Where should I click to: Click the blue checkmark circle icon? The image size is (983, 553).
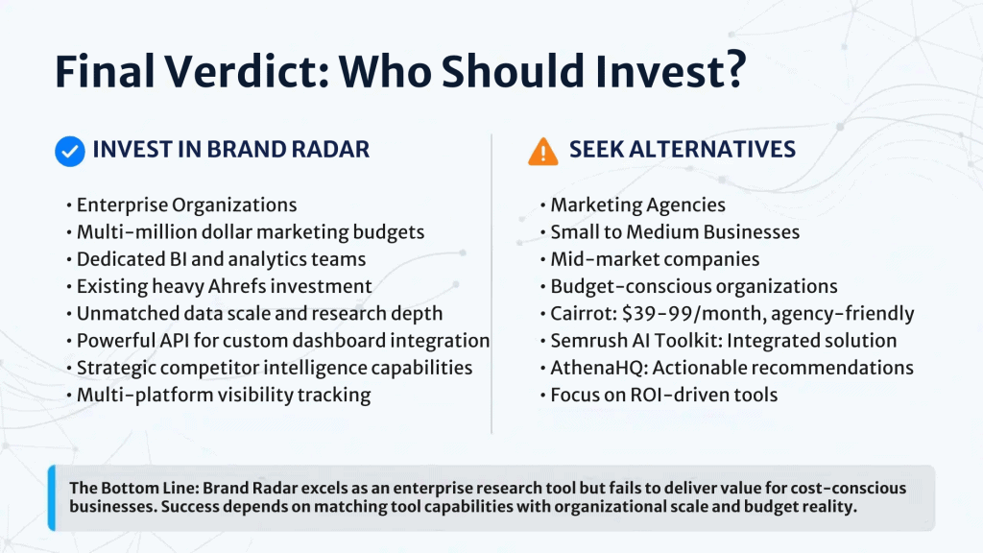point(69,151)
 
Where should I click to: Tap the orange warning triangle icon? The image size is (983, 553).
point(543,151)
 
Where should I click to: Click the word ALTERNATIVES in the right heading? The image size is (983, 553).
point(712,149)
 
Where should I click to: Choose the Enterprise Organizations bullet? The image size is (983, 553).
point(181,205)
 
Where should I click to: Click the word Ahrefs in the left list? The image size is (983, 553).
point(236,286)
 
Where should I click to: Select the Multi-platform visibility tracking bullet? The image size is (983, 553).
point(219,395)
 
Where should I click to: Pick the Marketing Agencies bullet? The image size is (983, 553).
point(633,205)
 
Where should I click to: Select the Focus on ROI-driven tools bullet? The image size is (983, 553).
point(659,395)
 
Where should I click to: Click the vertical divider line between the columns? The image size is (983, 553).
point(491,283)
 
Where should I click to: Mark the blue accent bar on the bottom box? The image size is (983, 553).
point(52,498)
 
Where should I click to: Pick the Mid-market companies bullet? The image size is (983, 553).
point(650,259)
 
